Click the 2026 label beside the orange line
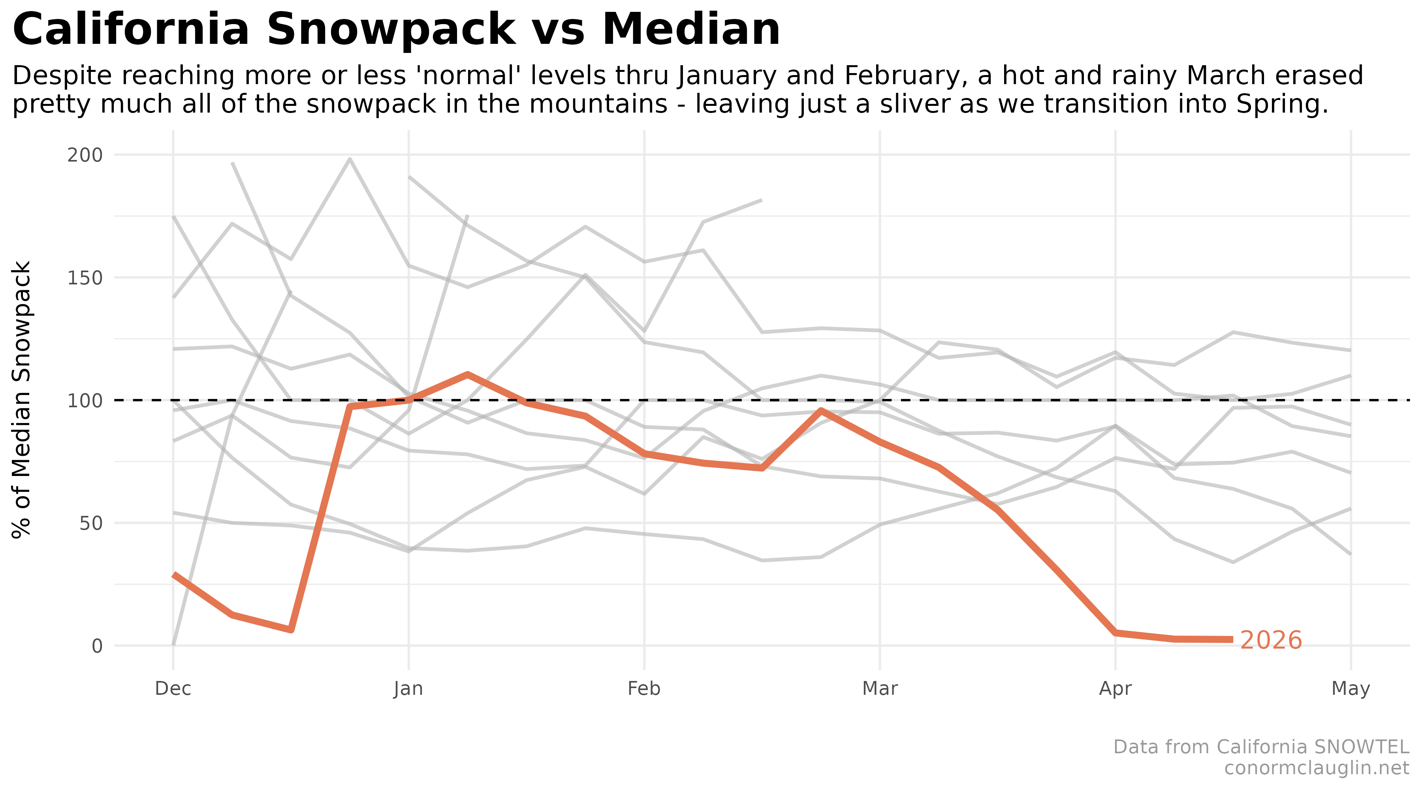[1271, 640]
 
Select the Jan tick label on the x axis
[408, 688]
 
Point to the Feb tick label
[644, 688]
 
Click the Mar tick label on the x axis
[880, 688]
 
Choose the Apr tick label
[1115, 688]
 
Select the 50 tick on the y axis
[91, 523]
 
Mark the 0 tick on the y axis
[97, 645]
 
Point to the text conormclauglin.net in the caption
[1316, 768]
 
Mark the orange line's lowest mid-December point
[291, 629]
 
